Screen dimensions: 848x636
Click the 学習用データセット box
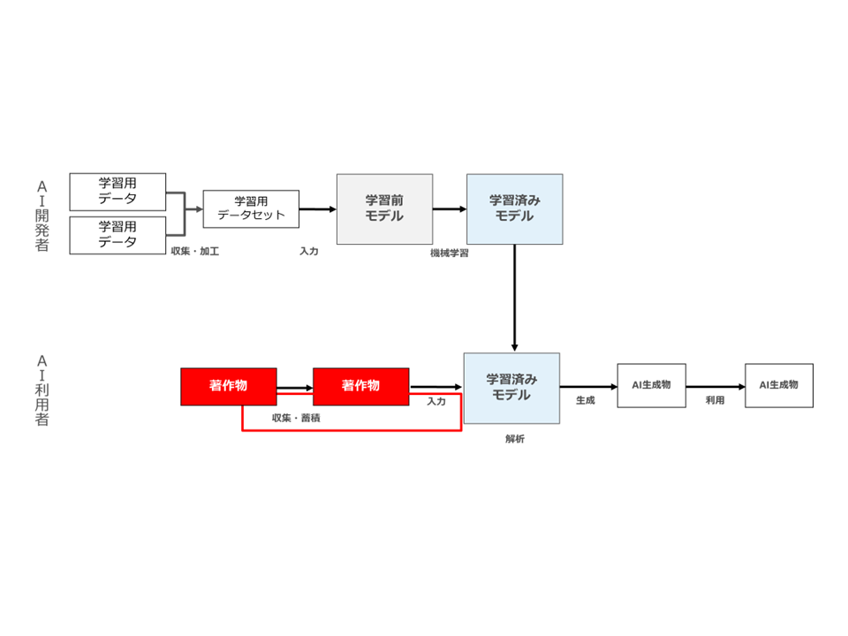251,208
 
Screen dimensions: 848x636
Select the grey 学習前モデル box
384,208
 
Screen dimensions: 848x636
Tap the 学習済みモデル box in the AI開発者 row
515,208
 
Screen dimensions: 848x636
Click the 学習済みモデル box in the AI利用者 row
511,389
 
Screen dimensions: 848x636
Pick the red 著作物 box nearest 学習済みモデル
360,386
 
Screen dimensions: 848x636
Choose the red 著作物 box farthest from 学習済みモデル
229,386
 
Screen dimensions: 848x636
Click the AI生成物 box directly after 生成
652,386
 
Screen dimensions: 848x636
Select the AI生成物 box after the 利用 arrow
779,386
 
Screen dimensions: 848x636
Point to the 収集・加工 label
195,252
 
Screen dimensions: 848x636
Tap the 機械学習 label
450,254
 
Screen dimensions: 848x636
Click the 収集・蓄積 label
296,418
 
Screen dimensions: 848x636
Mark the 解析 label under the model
515,439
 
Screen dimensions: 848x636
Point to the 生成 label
585,400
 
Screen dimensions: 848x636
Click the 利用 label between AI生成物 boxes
715,400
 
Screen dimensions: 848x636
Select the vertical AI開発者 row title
42,216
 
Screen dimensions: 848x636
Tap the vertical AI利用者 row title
42,390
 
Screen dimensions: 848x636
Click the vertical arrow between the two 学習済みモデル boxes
514,298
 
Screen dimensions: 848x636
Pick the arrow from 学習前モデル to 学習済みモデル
450,208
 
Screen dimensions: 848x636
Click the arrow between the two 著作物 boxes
295,388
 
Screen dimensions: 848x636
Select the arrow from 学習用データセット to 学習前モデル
318,208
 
